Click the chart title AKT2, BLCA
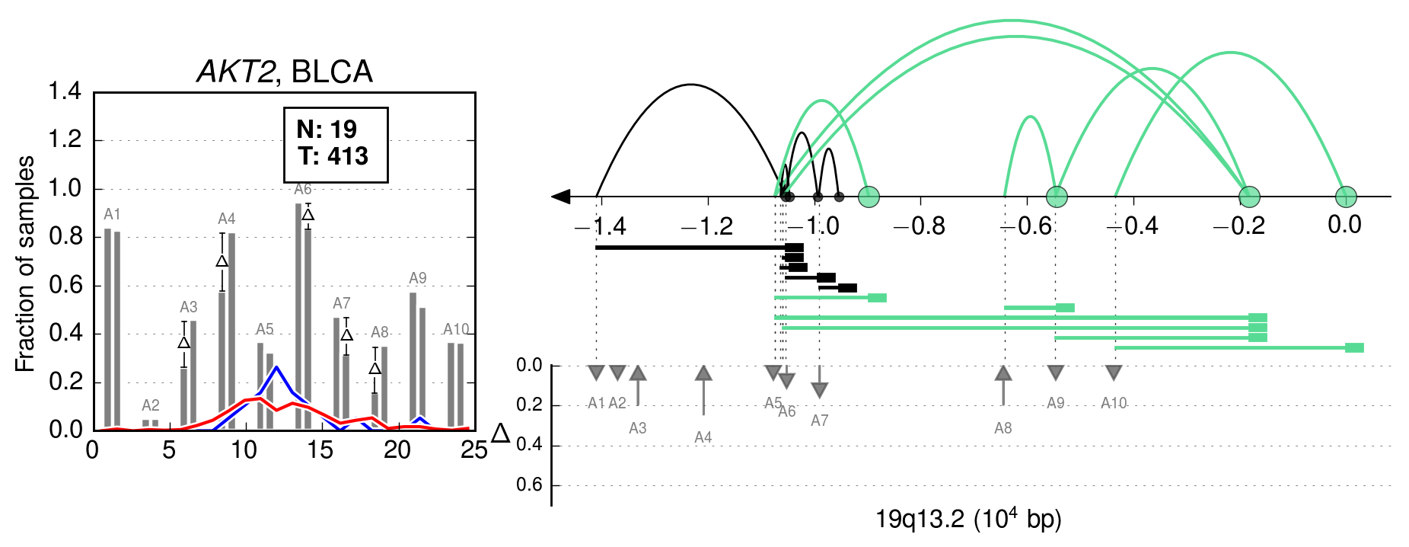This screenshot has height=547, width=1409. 285,72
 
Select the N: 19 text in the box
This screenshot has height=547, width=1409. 327,130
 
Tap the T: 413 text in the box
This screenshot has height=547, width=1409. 333,156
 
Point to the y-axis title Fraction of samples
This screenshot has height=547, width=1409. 25,264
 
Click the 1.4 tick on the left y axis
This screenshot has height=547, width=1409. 65,92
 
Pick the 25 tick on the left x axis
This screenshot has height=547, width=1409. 473,450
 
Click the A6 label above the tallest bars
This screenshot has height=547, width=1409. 303,189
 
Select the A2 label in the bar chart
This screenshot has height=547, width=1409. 151,405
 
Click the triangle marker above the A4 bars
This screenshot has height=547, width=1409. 222,261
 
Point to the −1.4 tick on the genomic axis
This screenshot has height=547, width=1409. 600,226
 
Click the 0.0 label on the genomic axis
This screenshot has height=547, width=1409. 1344,225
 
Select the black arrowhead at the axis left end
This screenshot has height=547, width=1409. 561,197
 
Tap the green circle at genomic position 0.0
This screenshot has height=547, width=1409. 1346,197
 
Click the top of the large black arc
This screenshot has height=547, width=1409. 690,85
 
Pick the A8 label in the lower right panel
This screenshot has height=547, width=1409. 1003,429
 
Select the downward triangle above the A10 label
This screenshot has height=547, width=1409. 1114,373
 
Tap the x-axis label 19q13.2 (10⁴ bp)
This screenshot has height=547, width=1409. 968,519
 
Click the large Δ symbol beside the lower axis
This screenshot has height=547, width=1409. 500,433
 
